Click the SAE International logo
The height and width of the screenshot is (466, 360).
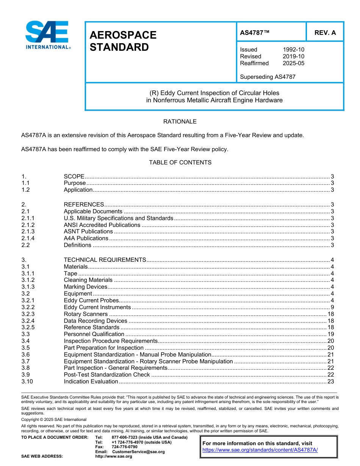47,35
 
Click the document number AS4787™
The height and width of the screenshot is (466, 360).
255,33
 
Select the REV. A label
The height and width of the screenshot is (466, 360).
325,33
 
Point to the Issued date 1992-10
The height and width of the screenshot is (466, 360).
293,50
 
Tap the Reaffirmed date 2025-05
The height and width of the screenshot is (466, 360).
293,63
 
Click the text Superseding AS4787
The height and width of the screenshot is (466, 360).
268,77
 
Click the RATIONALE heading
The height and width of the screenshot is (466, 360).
180,122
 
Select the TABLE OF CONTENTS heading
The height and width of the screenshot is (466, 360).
180,163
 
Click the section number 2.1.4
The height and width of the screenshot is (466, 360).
28,238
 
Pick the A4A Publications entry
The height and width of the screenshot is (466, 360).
86,238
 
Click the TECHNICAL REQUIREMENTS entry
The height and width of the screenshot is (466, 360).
105,260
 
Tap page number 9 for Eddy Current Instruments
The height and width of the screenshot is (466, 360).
332,307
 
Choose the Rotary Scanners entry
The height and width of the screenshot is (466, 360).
86,314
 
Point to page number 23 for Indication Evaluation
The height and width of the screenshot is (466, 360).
330,382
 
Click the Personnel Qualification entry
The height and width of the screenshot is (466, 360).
94,334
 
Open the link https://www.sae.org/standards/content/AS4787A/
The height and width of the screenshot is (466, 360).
260,450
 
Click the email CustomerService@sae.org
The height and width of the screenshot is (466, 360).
138,452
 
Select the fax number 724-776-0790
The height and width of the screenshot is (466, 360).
124,447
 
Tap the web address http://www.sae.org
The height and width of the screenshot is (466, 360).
114,456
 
